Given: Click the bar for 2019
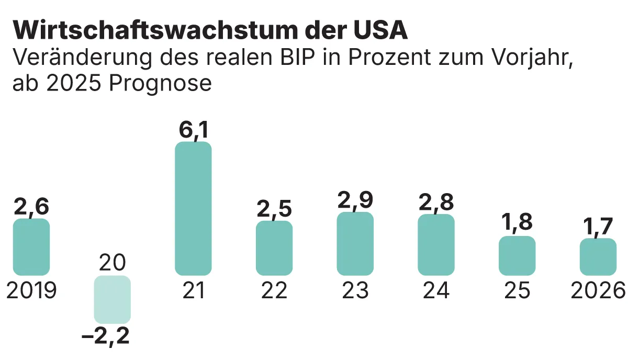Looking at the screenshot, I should [x=31, y=247].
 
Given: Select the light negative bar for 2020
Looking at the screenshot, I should [x=112, y=299].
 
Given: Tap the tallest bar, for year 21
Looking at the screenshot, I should [x=193, y=208].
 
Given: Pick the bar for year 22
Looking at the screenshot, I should [x=274, y=248].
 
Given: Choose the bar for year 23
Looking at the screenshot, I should [x=355, y=244].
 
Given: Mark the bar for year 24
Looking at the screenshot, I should [x=436, y=245].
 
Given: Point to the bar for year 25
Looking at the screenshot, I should [x=517, y=255].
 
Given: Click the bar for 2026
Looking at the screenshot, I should [x=598, y=256].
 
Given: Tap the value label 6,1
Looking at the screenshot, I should [x=193, y=130].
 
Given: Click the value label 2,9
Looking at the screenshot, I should [x=355, y=200].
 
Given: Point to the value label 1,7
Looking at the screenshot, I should [x=598, y=227].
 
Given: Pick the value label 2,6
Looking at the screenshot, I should [x=31, y=207].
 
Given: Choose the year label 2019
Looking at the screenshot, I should [x=31, y=290].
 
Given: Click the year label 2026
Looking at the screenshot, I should [x=598, y=290].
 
